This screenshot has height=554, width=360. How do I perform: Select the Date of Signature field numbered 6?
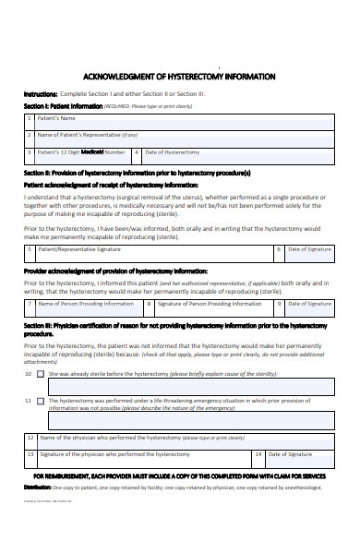pos(309,249)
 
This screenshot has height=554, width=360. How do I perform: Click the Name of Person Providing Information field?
pos(88,303)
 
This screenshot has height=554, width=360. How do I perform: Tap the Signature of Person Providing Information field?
pos(208,303)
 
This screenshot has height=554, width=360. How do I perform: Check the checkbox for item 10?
pos(40,374)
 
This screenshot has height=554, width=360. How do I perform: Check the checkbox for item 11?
pos(40,401)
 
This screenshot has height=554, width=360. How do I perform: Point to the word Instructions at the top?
pos(41,94)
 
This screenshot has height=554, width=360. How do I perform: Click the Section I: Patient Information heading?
pos(63,105)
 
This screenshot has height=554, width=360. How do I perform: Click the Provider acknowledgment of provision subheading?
pos(115,271)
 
